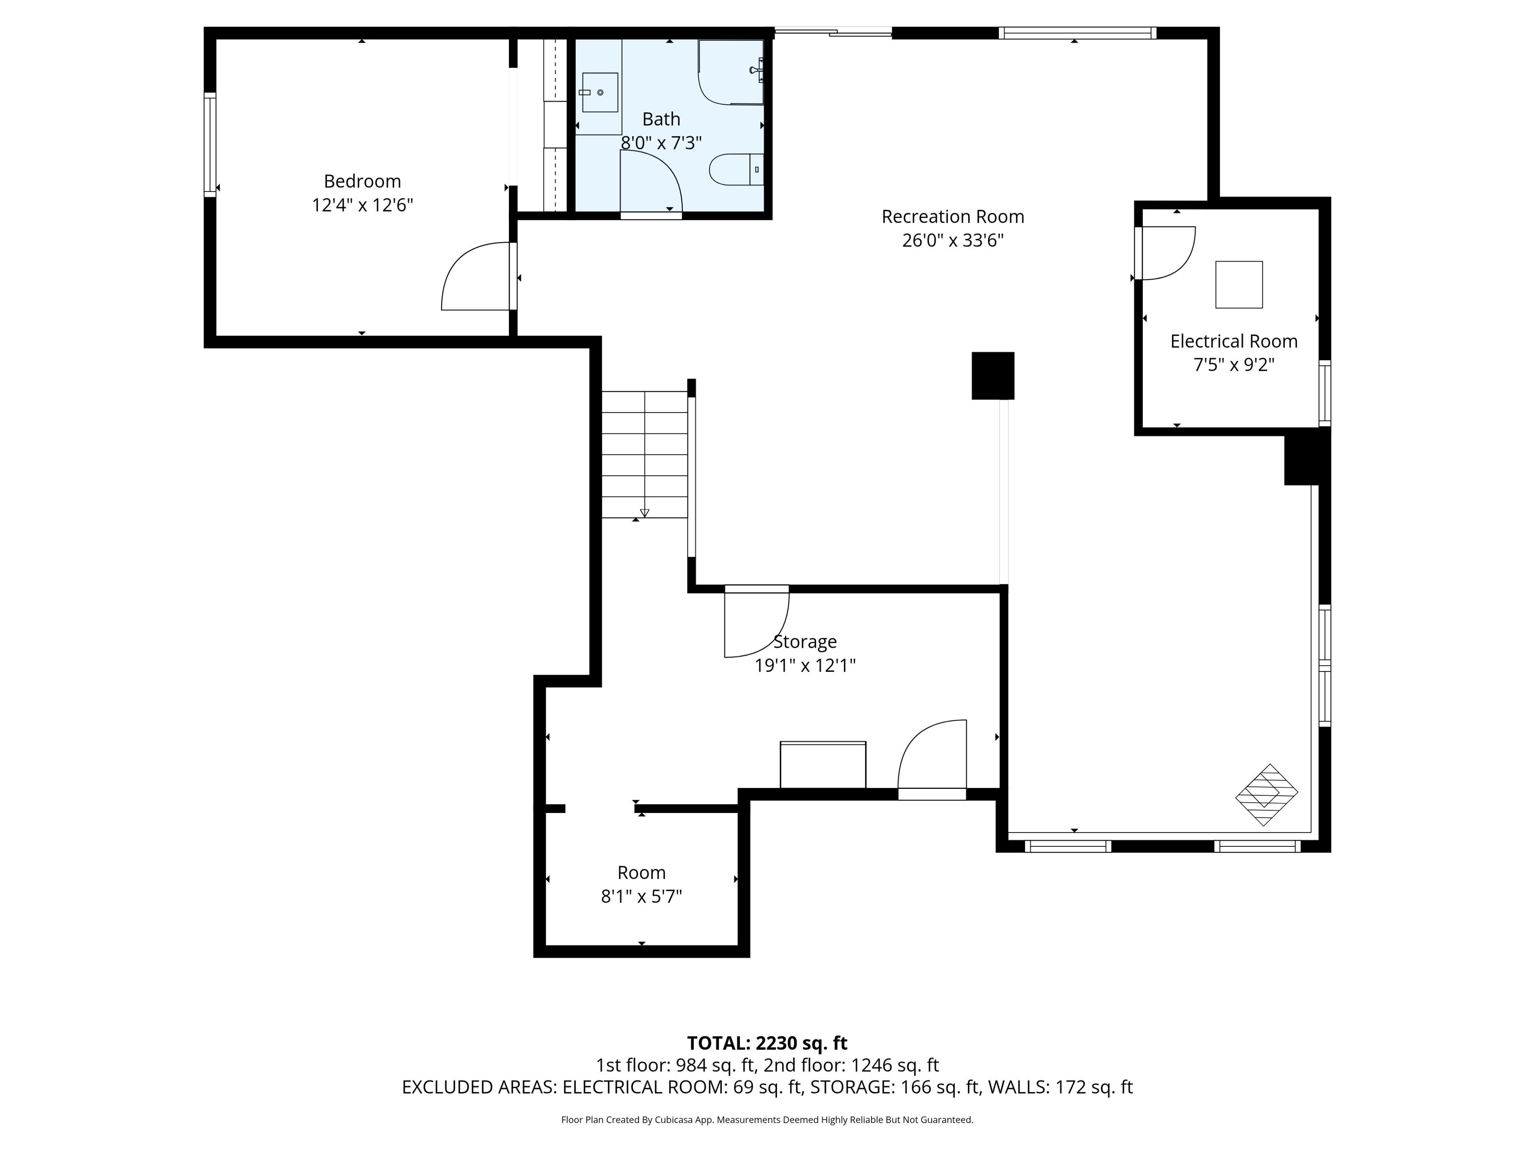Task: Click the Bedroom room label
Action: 362,181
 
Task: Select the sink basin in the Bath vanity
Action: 600,92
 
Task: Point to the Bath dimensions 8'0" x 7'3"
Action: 661,143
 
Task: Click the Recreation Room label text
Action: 953,217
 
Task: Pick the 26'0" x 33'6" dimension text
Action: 953,241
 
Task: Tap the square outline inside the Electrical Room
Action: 1239,285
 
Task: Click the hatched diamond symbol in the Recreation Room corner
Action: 1266,795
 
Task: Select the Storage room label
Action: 805,642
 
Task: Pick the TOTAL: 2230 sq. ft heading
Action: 767,1043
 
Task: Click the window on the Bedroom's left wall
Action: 209,144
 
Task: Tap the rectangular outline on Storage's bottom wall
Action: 823,765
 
